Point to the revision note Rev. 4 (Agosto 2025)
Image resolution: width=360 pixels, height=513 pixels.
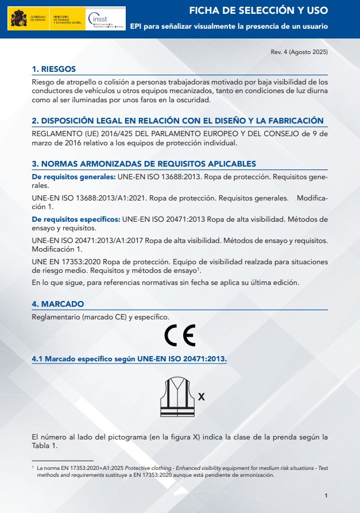pos(299,52)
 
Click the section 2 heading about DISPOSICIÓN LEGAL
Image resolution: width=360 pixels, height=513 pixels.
pos(177,121)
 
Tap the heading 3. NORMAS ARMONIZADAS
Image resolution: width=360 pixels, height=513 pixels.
pos(144,164)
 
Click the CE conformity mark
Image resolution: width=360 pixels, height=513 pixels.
pos(180,335)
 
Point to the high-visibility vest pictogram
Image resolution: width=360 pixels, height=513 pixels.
pos(177,397)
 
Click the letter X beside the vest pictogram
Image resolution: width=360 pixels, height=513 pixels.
pos(202,397)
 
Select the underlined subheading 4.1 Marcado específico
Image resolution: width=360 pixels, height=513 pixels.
pos(129,359)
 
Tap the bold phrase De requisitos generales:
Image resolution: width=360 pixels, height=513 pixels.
pos(73,176)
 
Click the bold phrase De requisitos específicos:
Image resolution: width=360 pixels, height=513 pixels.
pos(76,219)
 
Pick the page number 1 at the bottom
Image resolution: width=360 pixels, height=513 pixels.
pos(326,495)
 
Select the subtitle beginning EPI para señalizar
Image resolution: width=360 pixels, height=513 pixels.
pos(229,26)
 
